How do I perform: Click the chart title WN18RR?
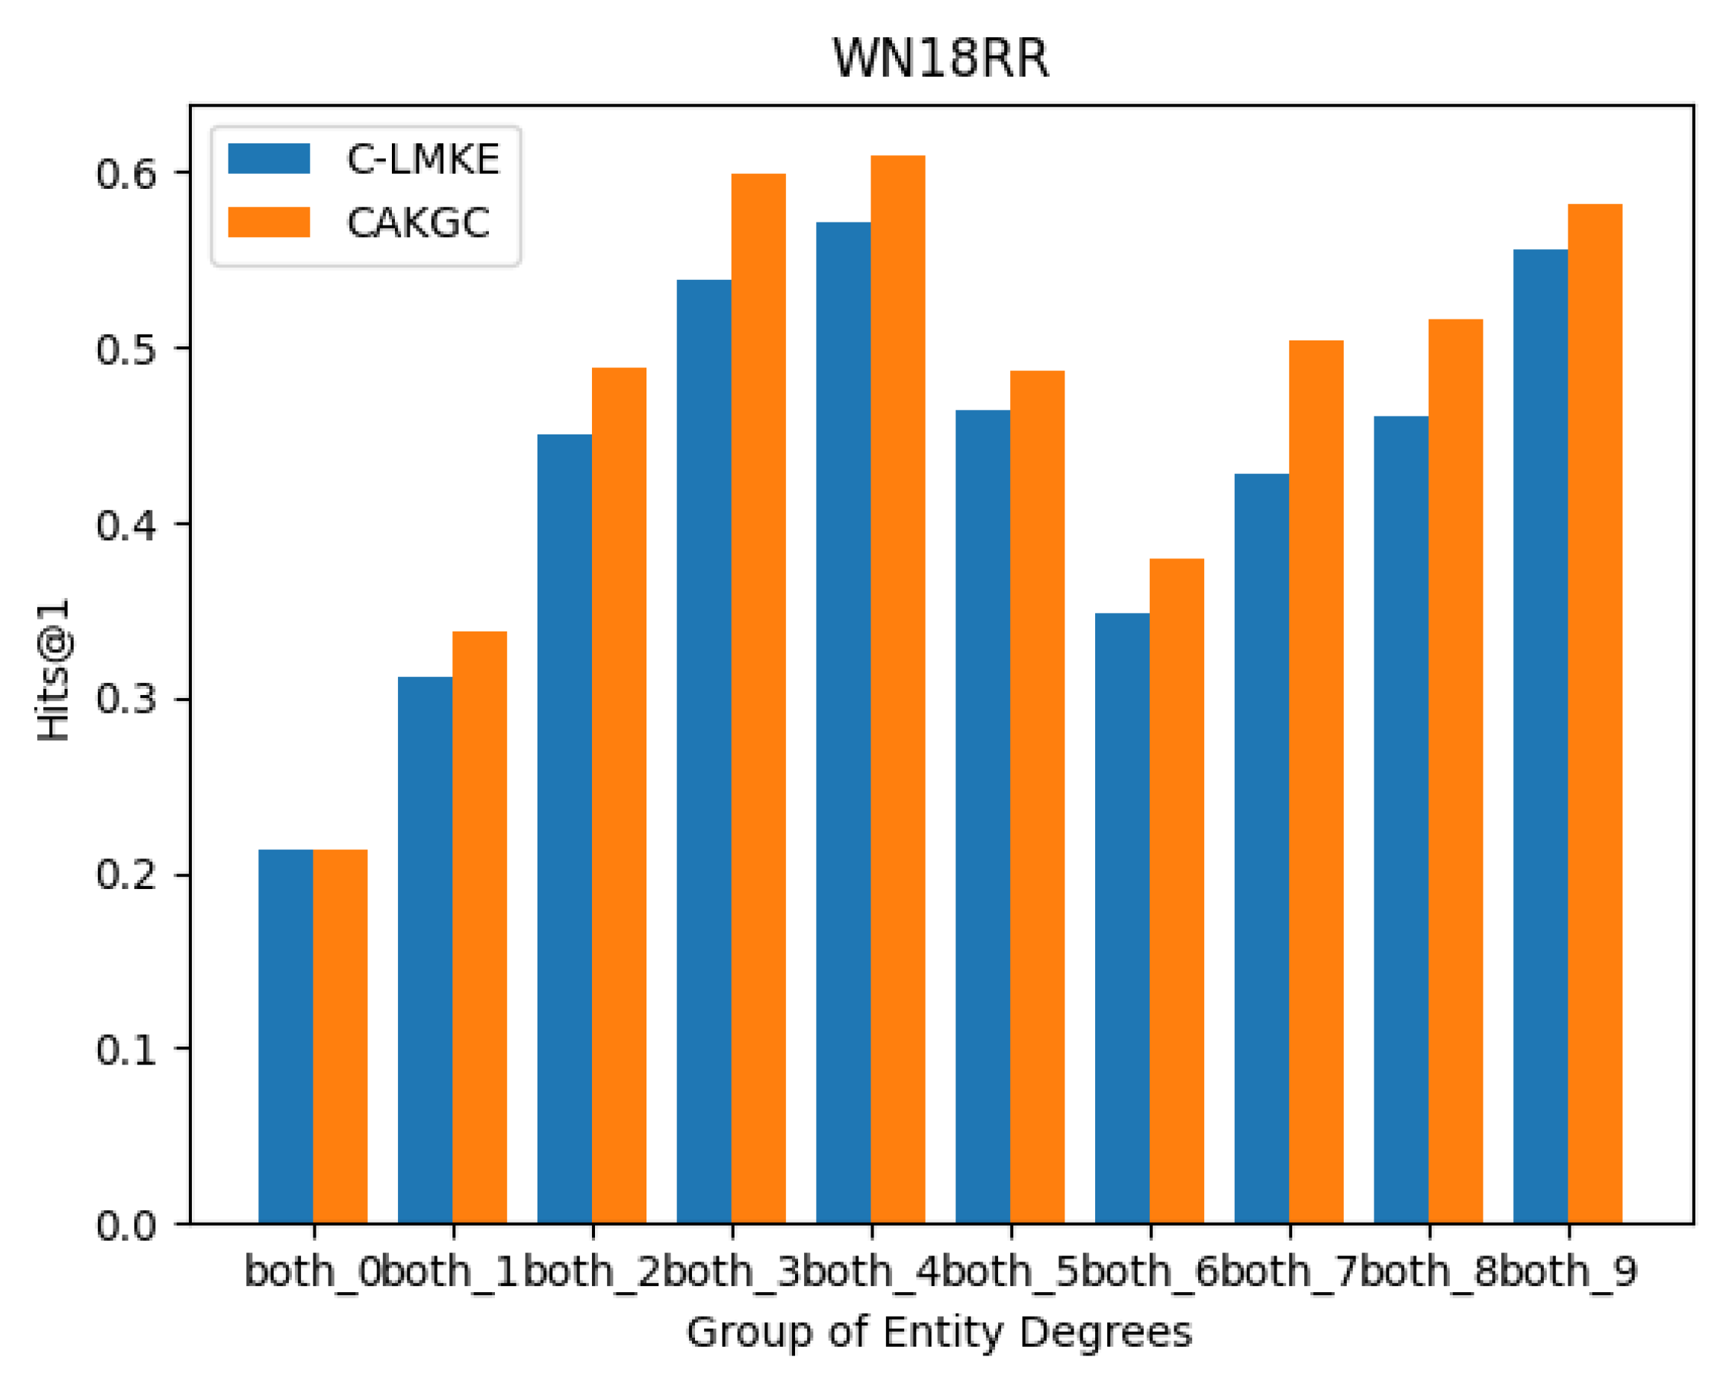pyautogui.click(x=941, y=58)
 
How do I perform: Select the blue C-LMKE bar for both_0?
pyautogui.click(x=286, y=1037)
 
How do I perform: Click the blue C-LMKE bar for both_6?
pyautogui.click(x=1122, y=918)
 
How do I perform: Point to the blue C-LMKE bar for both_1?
pyautogui.click(x=426, y=950)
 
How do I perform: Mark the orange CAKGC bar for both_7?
pyautogui.click(x=1315, y=782)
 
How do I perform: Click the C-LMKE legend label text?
pyautogui.click(x=423, y=160)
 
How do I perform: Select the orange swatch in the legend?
pyautogui.click(x=269, y=222)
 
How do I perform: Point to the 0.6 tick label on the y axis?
pyautogui.click(x=126, y=174)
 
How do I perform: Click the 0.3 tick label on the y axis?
pyautogui.click(x=126, y=699)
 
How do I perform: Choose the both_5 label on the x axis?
pyautogui.click(x=1011, y=1271)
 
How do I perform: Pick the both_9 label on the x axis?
pyautogui.click(x=1568, y=1271)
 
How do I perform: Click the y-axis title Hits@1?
pyautogui.click(x=54, y=670)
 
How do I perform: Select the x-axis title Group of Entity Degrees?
pyautogui.click(x=939, y=1333)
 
